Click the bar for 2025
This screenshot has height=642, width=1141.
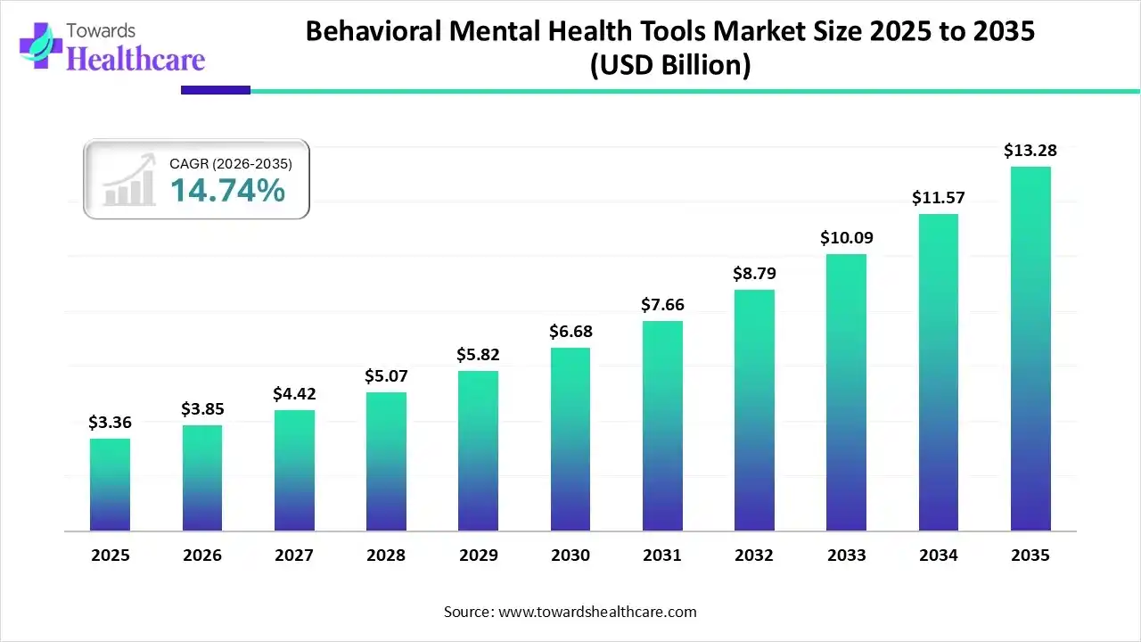click(x=110, y=485)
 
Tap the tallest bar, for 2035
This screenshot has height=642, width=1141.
click(x=1030, y=349)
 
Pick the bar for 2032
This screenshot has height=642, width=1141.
click(x=754, y=410)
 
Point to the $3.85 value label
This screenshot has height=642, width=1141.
click(x=202, y=409)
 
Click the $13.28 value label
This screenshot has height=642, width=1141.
click(x=1030, y=151)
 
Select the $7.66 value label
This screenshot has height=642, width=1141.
click(x=662, y=305)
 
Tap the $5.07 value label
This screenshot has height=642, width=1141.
click(x=386, y=376)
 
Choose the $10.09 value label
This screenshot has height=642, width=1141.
click(x=846, y=238)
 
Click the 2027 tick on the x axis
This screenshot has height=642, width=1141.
click(x=294, y=556)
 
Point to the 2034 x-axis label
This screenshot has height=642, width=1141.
click(x=939, y=556)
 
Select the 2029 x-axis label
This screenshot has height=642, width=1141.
click(x=479, y=556)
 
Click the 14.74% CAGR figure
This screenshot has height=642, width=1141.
click(x=227, y=190)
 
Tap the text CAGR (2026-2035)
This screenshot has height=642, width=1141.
click(x=230, y=163)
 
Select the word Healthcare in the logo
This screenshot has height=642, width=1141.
click(x=135, y=59)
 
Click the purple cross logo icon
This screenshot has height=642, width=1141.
click(x=39, y=45)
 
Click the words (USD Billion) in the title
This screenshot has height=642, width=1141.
click(x=670, y=65)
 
